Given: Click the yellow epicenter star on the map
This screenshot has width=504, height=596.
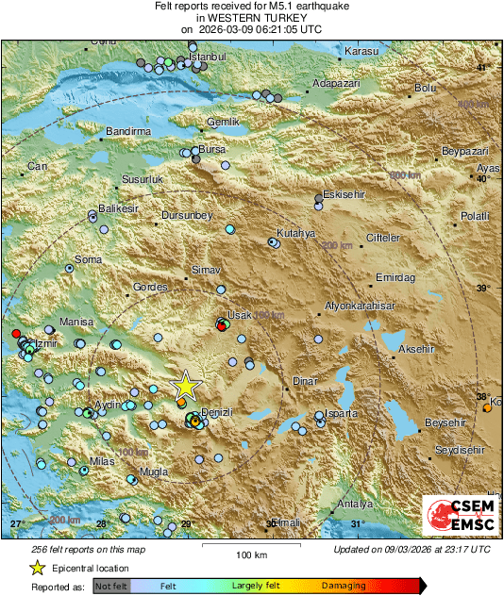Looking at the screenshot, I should coord(187,385).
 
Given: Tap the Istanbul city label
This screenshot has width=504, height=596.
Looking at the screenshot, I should coord(210,57).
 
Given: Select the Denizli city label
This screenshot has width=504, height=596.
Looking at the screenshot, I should coord(218,414).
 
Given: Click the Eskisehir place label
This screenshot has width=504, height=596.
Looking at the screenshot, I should coord(342,194).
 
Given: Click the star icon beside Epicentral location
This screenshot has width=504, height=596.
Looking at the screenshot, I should coord(37,568).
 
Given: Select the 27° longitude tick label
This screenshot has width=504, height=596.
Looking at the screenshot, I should coord(16,523).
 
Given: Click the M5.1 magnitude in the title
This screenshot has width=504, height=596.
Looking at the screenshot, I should coord(269,7).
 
